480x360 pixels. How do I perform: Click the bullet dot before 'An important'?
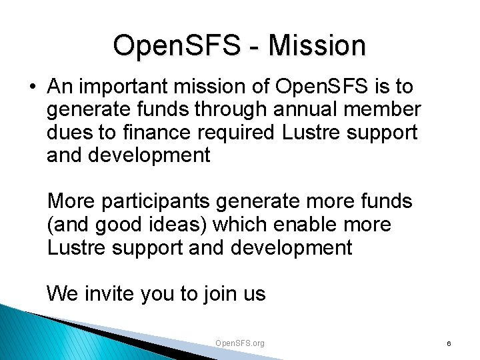click(32, 87)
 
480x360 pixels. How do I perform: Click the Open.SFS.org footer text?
click(240, 343)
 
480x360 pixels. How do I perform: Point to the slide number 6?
click(449, 343)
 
